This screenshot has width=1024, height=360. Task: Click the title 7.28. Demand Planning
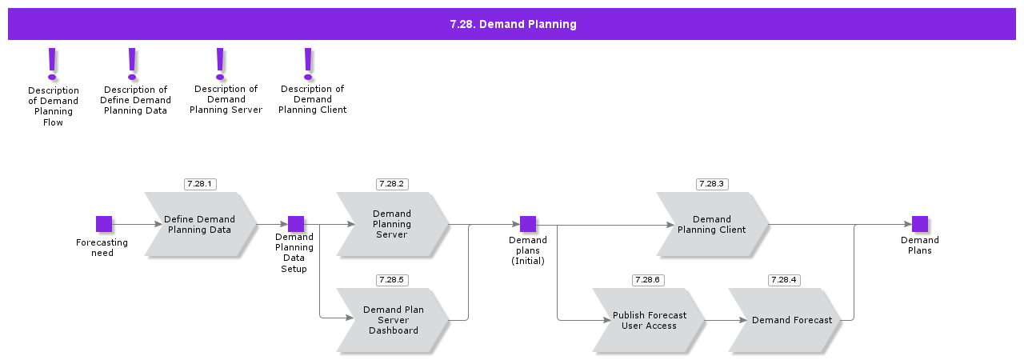pyautogui.click(x=512, y=24)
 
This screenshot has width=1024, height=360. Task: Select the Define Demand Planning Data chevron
pyautogui.click(x=200, y=225)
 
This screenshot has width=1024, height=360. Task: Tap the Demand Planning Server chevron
pyautogui.click(x=392, y=225)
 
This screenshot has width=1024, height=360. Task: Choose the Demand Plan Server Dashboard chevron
pyautogui.click(x=392, y=320)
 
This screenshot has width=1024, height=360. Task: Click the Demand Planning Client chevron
pyautogui.click(x=712, y=225)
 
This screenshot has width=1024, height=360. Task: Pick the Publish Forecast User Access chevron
pyautogui.click(x=649, y=320)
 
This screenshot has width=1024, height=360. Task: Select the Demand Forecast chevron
pyautogui.click(x=785, y=320)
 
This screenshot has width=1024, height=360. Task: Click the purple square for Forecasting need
pyautogui.click(x=104, y=224)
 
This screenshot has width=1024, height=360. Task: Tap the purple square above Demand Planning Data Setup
pyautogui.click(x=296, y=224)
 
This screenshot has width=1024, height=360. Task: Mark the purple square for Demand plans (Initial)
pyautogui.click(x=528, y=224)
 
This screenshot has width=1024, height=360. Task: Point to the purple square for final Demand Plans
pyautogui.click(x=920, y=224)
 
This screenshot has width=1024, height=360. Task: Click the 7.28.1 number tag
pyautogui.click(x=200, y=184)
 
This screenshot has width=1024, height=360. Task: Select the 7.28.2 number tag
pyautogui.click(x=392, y=184)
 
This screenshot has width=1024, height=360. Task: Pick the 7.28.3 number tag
pyautogui.click(x=712, y=184)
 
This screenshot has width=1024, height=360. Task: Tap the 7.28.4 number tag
pyautogui.click(x=784, y=280)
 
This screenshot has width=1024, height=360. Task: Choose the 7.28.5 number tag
pyautogui.click(x=392, y=280)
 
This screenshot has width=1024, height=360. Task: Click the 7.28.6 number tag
pyautogui.click(x=648, y=280)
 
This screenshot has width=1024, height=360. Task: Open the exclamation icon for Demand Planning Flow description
pyautogui.click(x=53, y=64)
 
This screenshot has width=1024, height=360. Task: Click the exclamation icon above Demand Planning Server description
pyautogui.click(x=221, y=64)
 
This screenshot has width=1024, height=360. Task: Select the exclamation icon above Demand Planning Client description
pyautogui.click(x=309, y=64)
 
